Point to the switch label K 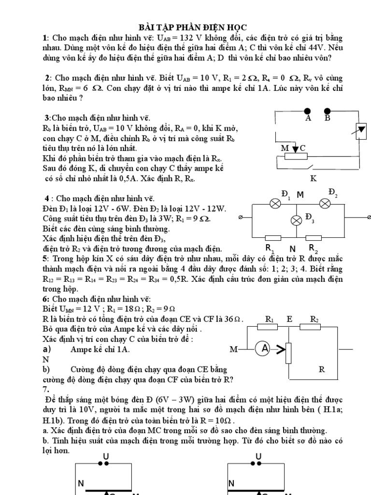tap(313, 178)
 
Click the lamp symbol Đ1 tap(276, 204)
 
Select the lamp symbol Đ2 tap(325, 204)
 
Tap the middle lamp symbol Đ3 tap(296, 220)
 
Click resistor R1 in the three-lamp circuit tap(274, 237)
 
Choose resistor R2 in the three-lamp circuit tap(314, 237)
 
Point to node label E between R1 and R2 tap(289, 319)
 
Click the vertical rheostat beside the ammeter tap(288, 352)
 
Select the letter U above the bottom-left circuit tap(105, 456)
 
